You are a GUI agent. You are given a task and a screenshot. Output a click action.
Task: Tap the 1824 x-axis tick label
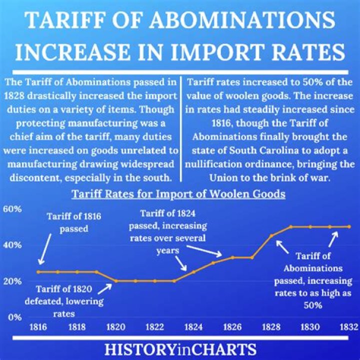point(193,326)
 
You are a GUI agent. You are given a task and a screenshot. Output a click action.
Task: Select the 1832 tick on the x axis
point(348,326)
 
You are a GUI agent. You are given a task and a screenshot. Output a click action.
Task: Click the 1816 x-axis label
point(38,326)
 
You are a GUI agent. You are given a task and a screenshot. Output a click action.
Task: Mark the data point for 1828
point(271,235)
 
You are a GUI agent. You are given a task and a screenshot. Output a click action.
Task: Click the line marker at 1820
point(115,280)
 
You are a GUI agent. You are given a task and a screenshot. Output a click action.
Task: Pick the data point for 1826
point(232,257)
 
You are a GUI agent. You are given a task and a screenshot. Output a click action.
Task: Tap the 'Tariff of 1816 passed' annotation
point(74,223)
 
